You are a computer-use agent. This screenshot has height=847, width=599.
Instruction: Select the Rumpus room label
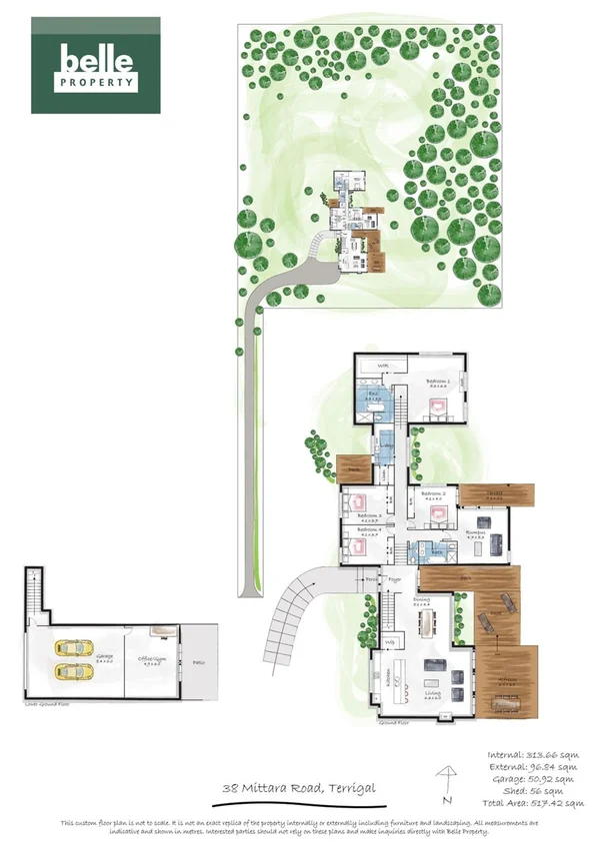[x=476, y=535]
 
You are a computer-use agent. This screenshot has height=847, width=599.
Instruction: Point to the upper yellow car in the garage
[x=73, y=648]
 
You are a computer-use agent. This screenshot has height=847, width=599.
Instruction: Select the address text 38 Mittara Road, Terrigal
[x=299, y=789]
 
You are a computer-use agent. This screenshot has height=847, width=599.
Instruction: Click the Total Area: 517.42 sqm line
[x=532, y=802]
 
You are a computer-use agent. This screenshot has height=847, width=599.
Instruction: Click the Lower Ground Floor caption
[x=46, y=704]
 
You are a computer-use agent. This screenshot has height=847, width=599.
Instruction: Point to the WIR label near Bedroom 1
[x=380, y=367]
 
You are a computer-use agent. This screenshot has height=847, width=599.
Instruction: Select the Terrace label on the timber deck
[x=493, y=492]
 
